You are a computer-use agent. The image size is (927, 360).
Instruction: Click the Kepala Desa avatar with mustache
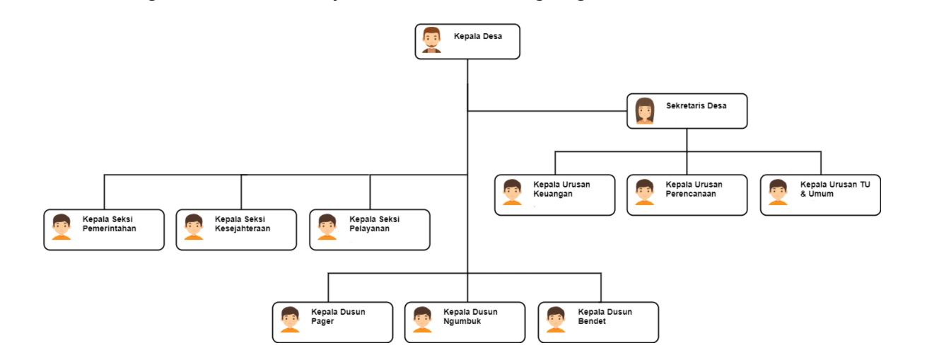431,41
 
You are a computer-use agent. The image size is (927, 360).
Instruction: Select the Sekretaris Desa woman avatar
644,111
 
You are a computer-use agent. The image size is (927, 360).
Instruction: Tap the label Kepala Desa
477,36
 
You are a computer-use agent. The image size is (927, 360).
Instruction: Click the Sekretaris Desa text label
696,106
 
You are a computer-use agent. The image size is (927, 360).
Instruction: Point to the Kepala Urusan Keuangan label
561,189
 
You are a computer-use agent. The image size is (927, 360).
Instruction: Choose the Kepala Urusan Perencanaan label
694,189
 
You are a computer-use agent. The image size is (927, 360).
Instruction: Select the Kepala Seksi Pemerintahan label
110,223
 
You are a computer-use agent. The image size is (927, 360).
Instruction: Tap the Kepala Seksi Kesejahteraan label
243,223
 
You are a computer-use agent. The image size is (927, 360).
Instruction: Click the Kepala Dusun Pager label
338,316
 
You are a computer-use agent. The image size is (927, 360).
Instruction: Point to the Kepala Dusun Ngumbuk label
470,316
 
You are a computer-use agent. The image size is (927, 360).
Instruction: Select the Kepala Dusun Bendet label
605,316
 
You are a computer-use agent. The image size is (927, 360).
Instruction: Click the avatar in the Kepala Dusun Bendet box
556,320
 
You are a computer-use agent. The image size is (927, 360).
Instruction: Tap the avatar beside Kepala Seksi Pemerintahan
62,227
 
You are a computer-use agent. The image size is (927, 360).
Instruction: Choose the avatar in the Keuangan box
512,192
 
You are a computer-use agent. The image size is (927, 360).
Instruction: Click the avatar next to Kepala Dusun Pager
290,320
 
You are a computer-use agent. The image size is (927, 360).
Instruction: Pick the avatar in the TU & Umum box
778,192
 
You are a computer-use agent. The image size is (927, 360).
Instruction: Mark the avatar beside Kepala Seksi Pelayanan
327,227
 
